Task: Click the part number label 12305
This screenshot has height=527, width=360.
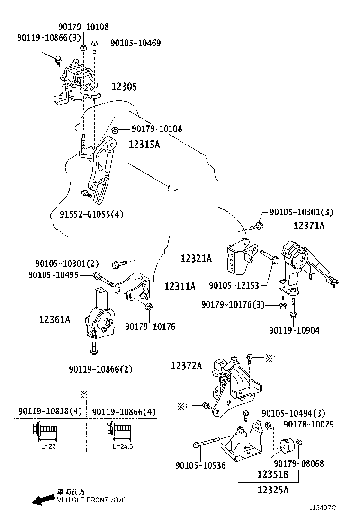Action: (124, 87)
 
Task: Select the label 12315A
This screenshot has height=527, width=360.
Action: (144, 145)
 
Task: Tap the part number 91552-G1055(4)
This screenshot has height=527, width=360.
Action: (91, 214)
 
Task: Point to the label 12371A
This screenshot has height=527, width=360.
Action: (308, 226)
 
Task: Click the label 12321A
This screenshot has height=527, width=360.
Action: (196, 259)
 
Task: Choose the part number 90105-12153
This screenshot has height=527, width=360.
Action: (234, 286)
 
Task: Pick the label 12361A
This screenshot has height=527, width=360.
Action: (54, 320)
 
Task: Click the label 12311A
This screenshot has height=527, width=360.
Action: (180, 286)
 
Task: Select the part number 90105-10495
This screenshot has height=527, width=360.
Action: (53, 275)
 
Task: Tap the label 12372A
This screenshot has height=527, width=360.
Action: (186, 365)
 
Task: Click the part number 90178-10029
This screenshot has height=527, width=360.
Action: (308, 425)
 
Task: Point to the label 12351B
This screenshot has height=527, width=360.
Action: (273, 474)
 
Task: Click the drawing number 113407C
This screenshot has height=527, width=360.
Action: (322, 508)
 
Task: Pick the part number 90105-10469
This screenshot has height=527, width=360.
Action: (135, 43)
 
